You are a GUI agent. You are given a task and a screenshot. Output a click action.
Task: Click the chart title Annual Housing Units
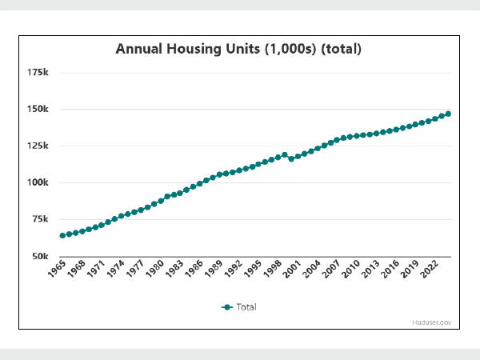(x=238, y=49)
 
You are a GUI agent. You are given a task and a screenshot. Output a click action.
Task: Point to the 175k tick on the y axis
(x=37, y=73)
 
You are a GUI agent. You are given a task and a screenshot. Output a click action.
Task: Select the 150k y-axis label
(x=37, y=110)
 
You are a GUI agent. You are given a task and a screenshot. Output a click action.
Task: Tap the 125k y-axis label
(x=37, y=146)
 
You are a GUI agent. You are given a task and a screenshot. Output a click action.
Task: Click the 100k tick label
(x=37, y=182)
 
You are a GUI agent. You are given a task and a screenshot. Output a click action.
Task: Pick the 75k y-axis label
(x=38, y=219)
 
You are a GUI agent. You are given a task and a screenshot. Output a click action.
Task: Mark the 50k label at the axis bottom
(x=38, y=255)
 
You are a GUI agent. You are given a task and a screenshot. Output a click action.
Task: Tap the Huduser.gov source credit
(x=433, y=322)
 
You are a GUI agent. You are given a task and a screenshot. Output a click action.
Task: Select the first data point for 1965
(x=62, y=235)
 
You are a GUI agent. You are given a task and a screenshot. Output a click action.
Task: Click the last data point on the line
(x=448, y=114)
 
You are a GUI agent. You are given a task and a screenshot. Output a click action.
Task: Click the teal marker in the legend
(x=227, y=306)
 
